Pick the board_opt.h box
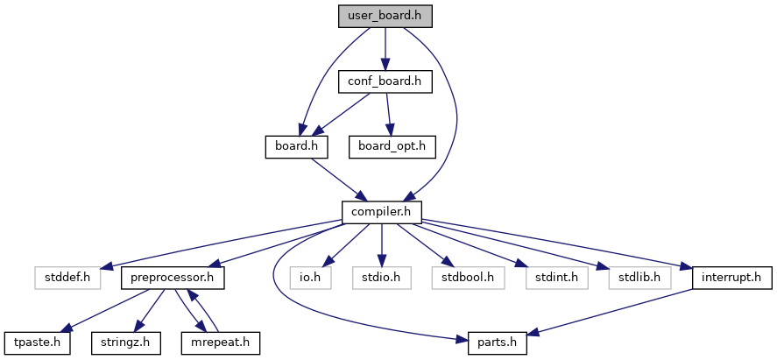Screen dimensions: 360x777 392,145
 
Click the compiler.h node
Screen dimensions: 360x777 382,211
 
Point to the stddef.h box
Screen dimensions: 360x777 62,277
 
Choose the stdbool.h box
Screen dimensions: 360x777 463,277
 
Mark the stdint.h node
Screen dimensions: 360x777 552,277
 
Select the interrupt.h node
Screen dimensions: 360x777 732,277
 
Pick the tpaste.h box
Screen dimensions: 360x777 36,341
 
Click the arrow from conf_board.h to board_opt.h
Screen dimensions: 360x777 388,114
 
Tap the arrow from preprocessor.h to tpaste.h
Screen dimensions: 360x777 102,309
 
